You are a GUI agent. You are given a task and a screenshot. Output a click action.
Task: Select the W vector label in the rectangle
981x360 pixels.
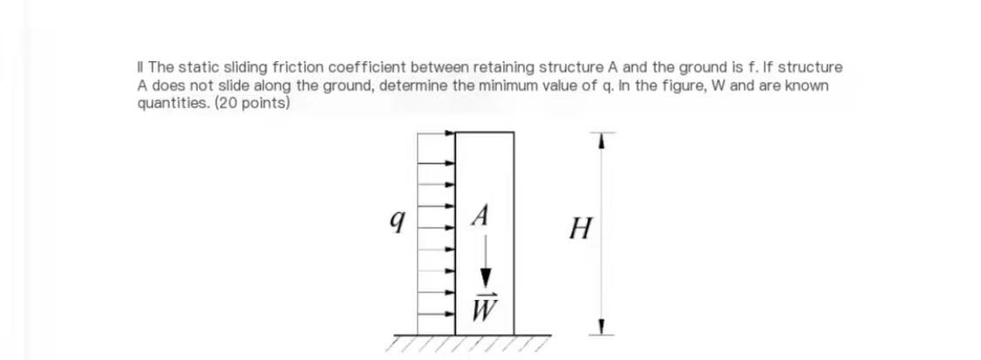pos(482,308)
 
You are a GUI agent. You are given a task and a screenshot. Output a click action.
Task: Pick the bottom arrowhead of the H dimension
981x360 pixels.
pos(599,329)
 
